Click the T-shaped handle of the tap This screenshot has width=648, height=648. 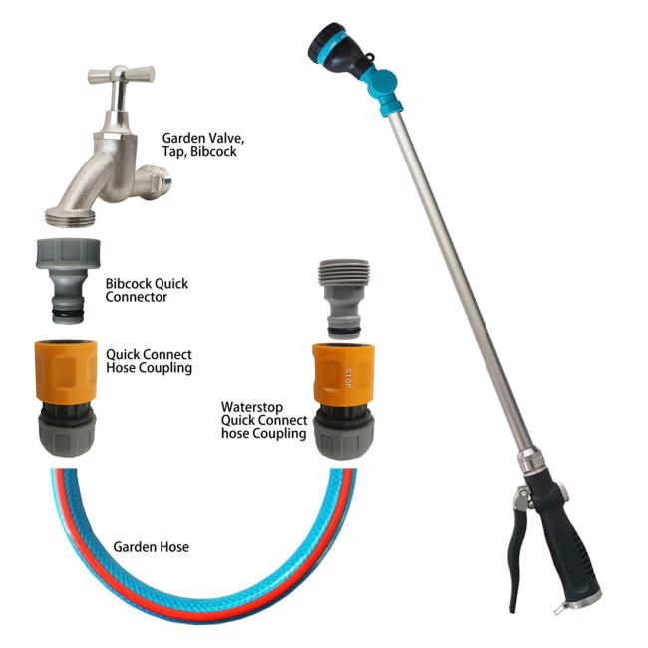[121, 76]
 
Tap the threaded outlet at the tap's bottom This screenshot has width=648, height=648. [71, 217]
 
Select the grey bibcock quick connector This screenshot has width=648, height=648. [68, 280]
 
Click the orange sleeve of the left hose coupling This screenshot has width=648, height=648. [66, 371]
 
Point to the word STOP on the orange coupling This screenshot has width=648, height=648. [347, 378]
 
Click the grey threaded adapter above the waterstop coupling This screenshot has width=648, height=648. [344, 299]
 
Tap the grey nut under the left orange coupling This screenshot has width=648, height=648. [67, 435]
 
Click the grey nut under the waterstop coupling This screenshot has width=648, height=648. [344, 437]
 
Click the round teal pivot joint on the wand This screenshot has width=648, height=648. [384, 82]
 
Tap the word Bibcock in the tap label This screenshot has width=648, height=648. [213, 152]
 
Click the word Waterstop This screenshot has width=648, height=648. [252, 407]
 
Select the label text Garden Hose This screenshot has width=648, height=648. [152, 547]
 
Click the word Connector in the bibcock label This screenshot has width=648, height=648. [137, 297]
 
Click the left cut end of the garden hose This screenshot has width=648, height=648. [64, 471]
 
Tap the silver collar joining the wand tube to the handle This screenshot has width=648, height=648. [529, 459]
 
